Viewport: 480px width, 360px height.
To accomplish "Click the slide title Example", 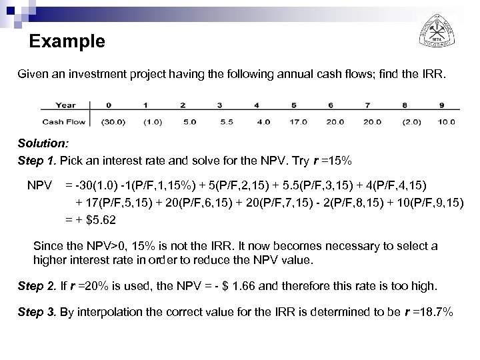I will tap(67, 42).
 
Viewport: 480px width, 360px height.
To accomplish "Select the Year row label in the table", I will tap(65, 105).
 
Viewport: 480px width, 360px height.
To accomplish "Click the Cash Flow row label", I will tap(64, 122).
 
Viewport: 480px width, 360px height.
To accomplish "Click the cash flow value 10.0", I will tap(447, 122).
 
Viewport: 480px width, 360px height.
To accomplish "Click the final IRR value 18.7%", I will tap(434, 311).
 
